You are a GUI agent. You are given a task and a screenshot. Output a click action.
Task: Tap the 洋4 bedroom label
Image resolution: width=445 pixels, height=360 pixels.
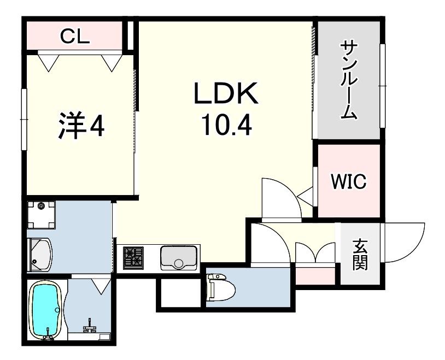[x=81, y=126]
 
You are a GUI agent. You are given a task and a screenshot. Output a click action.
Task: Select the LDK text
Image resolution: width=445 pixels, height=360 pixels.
[x=226, y=93]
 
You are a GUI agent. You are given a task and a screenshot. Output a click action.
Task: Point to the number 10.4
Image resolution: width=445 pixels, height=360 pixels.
[x=226, y=126]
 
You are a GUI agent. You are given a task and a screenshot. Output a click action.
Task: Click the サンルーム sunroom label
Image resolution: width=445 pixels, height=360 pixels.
[x=349, y=80]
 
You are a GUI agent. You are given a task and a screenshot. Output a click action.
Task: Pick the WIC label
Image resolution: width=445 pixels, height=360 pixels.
[x=349, y=181]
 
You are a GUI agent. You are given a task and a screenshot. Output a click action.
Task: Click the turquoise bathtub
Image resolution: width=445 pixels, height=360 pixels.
[x=45, y=310]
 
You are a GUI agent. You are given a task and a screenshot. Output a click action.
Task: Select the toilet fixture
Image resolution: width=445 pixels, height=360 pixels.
[x=221, y=287]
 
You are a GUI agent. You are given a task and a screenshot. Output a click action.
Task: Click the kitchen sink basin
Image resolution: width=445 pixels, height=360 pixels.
[x=179, y=258]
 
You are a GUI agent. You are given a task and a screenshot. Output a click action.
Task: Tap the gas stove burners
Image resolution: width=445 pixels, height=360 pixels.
[x=133, y=258]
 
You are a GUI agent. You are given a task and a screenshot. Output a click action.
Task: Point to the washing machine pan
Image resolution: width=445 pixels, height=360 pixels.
[x=41, y=215]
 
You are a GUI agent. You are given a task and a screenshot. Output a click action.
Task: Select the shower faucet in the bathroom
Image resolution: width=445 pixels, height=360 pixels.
[x=90, y=326]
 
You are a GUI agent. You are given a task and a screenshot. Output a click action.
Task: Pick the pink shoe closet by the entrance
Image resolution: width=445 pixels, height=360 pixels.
[x=315, y=276]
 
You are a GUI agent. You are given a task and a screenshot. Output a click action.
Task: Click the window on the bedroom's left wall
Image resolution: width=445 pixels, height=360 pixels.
[x=24, y=119]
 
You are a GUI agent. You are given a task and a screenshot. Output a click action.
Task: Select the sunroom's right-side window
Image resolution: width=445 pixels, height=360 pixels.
[x=383, y=86]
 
